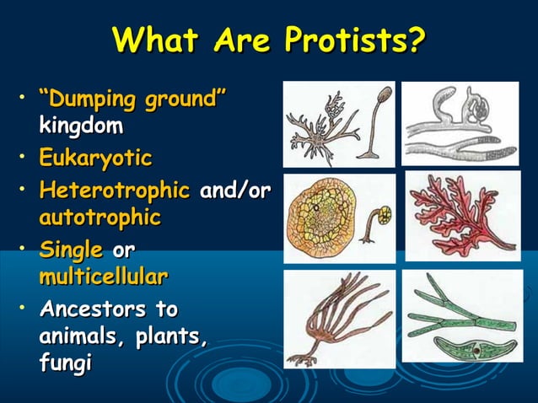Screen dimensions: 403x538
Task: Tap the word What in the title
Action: click(x=151, y=40)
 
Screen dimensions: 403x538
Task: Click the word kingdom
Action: click(x=80, y=127)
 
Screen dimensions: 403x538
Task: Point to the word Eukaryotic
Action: click(x=94, y=158)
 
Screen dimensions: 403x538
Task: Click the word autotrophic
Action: click(x=100, y=218)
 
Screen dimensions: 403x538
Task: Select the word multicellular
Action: click(x=102, y=277)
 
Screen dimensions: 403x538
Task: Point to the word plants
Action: click(x=174, y=336)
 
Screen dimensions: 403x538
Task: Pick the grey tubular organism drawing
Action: click(x=459, y=122)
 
